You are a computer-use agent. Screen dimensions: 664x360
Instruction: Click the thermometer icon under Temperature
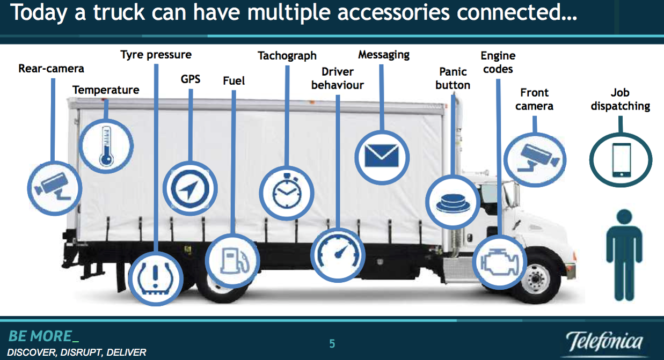106,146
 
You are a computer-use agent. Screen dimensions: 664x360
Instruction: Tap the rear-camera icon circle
55,188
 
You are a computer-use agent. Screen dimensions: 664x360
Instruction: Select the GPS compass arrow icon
190,189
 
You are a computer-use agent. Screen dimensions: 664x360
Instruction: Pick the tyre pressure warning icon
156,278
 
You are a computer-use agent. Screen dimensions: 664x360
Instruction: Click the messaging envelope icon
382,156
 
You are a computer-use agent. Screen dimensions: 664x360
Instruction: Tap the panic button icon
453,203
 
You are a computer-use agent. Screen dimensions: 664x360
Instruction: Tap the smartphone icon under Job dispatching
622,160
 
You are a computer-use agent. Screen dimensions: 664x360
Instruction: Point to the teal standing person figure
624,255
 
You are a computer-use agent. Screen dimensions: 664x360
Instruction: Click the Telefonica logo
605,342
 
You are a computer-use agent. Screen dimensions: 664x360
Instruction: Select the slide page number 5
332,344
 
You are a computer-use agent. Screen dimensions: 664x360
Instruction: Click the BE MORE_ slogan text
43,336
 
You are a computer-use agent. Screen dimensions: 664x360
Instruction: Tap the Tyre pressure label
156,55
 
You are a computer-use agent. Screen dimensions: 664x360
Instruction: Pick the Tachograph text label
287,56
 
